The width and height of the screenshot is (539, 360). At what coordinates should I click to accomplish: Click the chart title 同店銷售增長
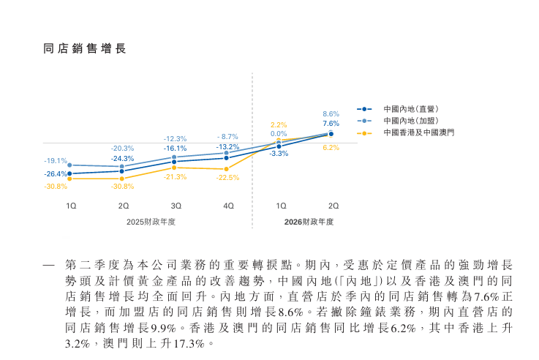click(85, 49)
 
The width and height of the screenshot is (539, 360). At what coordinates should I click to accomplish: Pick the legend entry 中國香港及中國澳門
click(418, 132)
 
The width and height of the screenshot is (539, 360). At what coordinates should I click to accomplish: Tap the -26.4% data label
click(55, 173)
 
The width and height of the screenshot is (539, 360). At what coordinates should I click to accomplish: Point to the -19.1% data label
click(55, 161)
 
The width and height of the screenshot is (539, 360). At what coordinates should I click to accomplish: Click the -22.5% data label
click(227, 178)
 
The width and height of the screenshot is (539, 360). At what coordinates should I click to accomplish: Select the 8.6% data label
click(331, 114)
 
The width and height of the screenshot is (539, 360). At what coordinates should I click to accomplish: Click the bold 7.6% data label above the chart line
click(331, 124)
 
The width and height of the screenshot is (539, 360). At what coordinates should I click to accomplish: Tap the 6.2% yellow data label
click(331, 147)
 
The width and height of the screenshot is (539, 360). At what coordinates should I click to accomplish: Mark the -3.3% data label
click(278, 154)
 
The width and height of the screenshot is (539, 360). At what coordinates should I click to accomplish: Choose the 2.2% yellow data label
click(278, 124)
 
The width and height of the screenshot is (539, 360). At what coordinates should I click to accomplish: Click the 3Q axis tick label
click(176, 206)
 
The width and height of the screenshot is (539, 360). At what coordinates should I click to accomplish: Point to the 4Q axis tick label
click(227, 206)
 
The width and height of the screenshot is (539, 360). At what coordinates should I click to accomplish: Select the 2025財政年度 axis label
click(151, 222)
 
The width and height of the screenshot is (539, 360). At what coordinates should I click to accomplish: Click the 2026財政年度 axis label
click(308, 222)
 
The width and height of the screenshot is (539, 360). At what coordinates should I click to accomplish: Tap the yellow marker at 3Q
click(174, 168)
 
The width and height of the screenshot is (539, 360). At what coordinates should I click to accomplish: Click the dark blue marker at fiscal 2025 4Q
click(227, 158)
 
